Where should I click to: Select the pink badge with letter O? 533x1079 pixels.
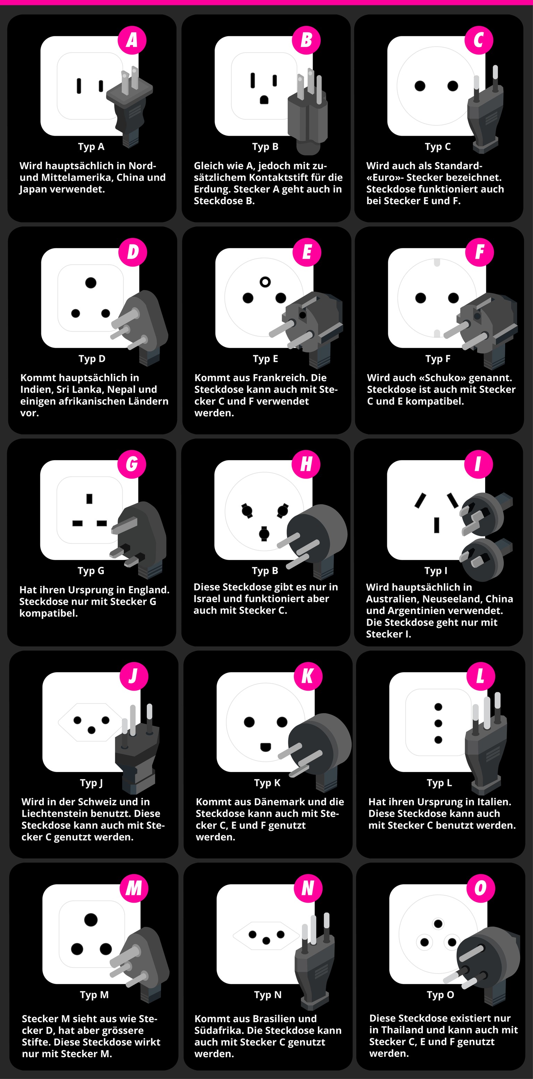click(x=480, y=888)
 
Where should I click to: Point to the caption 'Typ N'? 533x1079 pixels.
click(x=268, y=995)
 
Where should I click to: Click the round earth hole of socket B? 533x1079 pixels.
click(x=264, y=100)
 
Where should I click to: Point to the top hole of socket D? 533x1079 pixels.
click(x=91, y=283)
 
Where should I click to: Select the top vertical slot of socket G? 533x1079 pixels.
click(x=89, y=499)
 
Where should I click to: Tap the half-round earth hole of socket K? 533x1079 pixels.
click(x=265, y=747)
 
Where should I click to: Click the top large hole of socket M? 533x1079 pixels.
click(x=91, y=920)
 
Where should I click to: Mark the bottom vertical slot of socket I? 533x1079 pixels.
click(x=437, y=525)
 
